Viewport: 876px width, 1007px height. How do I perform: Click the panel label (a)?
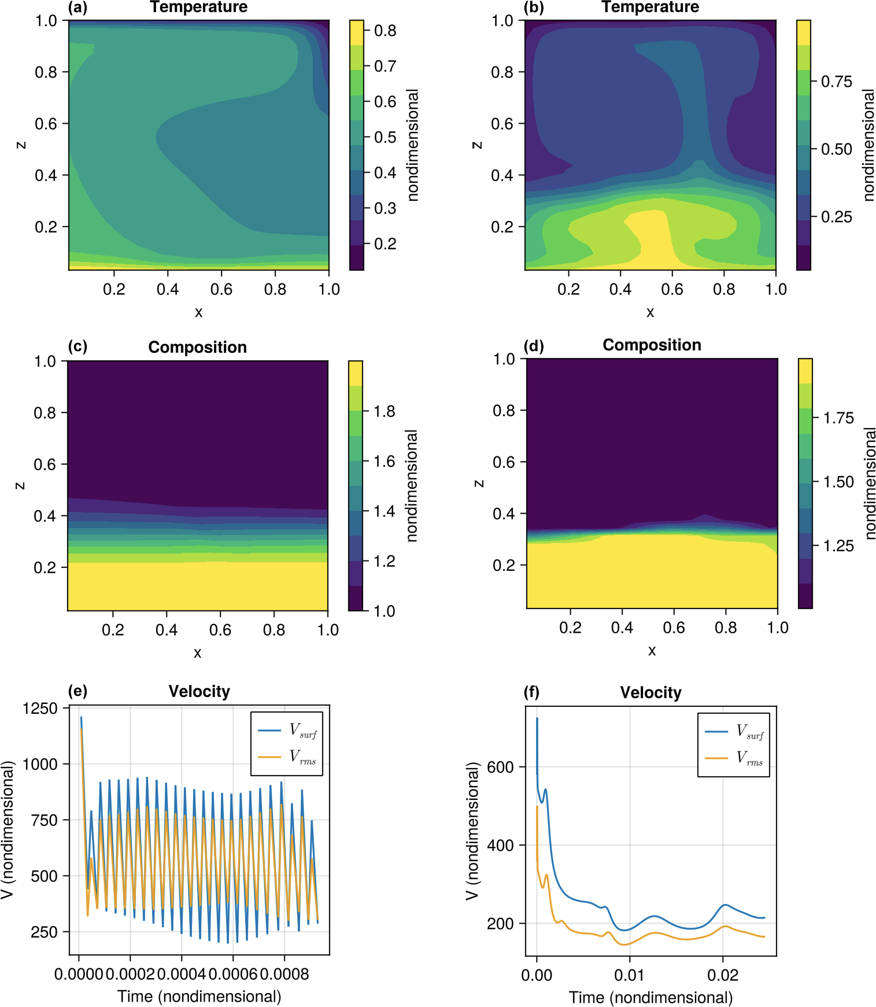click(77, 8)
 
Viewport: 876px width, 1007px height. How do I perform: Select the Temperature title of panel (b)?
click(650, 8)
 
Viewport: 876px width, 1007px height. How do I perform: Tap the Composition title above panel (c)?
click(197, 347)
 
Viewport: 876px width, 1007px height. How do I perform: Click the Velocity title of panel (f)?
click(650, 692)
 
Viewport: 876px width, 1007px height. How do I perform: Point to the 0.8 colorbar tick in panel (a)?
click(385, 31)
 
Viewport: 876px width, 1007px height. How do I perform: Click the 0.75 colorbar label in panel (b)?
click(836, 82)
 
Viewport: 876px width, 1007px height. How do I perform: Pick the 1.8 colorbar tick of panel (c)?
click(384, 411)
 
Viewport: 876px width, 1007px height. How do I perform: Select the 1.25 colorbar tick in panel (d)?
click(838, 545)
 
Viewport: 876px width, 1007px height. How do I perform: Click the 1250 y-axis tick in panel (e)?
click(40, 709)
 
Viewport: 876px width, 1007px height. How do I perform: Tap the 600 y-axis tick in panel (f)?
click(500, 767)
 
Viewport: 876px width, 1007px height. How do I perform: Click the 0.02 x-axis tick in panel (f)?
click(723, 975)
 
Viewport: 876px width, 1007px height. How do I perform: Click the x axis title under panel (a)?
click(198, 312)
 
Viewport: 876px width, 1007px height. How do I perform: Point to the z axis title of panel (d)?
click(478, 483)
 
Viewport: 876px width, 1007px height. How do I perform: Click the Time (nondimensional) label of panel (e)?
click(199, 996)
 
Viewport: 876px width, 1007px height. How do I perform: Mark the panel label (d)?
click(533, 346)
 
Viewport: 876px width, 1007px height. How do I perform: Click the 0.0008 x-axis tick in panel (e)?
click(284, 974)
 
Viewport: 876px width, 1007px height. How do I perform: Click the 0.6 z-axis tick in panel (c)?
click(45, 464)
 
